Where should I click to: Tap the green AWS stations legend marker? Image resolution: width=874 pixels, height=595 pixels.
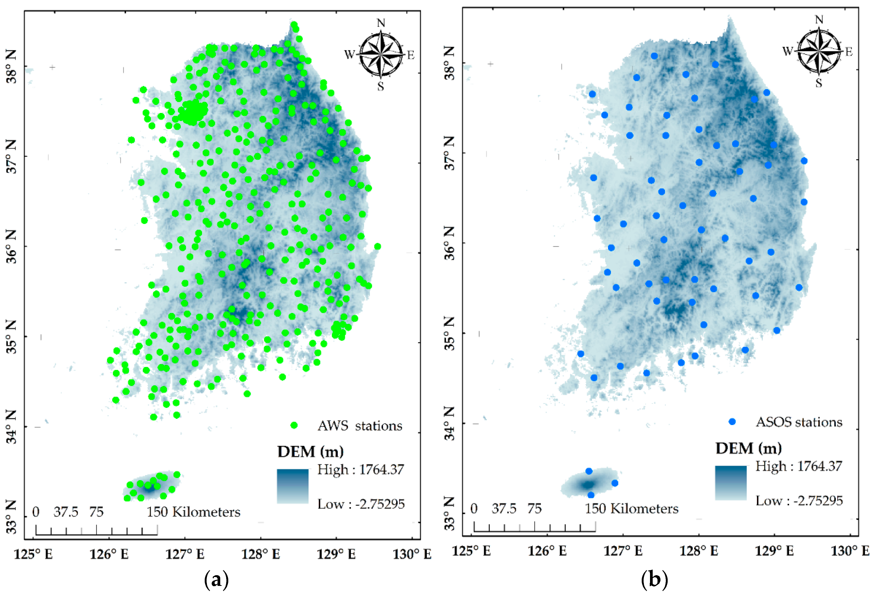[x=294, y=425]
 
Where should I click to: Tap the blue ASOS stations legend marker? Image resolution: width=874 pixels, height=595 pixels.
[x=732, y=422]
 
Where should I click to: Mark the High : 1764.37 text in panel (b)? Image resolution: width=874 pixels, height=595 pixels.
[x=799, y=466]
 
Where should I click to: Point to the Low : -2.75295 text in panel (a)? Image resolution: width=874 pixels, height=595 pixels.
[x=361, y=504]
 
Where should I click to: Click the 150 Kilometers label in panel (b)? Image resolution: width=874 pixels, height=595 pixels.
[x=632, y=509]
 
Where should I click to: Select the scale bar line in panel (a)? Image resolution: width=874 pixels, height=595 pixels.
[x=97, y=534]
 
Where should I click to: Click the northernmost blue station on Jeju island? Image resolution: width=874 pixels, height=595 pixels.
[x=589, y=471]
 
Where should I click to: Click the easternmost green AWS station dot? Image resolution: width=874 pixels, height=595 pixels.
[x=378, y=246]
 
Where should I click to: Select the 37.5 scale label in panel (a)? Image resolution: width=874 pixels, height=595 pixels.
[x=66, y=511]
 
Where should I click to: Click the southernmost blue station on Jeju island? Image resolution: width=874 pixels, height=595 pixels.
[x=591, y=495]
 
